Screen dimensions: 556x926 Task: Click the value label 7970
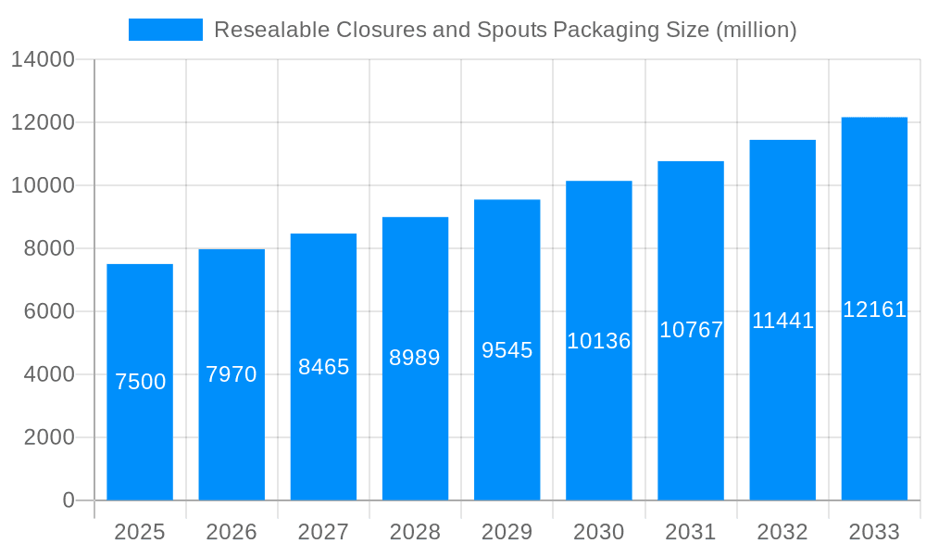pos(231,374)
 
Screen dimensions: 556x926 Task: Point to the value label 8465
pos(323,367)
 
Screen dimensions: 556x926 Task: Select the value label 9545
pos(507,350)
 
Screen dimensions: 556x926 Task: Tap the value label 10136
pos(599,341)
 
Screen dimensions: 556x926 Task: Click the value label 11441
pos(782,321)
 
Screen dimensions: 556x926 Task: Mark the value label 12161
pos(874,310)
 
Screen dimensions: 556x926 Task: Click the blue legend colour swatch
pos(166,30)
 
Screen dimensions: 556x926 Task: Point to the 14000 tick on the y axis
pos(43,59)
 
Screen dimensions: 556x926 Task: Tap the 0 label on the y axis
pos(69,500)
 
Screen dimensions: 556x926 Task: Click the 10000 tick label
pos(43,185)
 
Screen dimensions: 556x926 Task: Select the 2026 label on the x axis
pos(231,532)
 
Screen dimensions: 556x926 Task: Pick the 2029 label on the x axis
pos(507,532)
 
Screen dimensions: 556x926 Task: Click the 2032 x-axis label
pos(782,532)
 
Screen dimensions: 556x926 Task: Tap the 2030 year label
pos(599,532)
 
